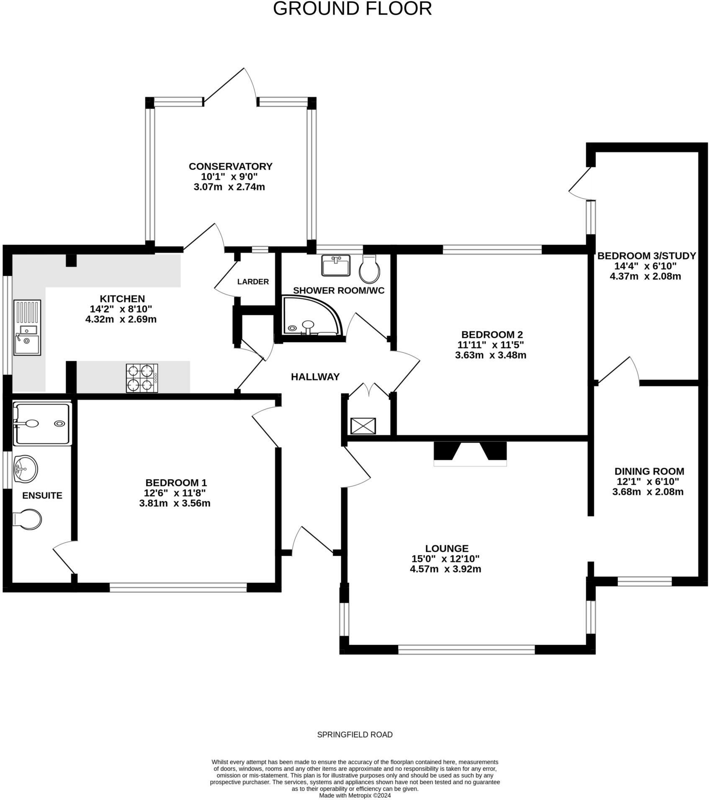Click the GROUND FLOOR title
click(x=352, y=9)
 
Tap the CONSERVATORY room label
click(x=230, y=167)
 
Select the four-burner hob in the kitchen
click(x=142, y=378)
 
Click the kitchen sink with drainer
click(x=27, y=328)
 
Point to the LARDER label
click(x=253, y=282)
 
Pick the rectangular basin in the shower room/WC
click(x=336, y=266)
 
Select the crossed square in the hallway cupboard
click(x=363, y=426)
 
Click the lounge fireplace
click(x=470, y=453)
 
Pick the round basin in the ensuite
click(x=26, y=469)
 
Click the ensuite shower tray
click(x=42, y=423)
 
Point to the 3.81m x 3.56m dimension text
click(x=175, y=503)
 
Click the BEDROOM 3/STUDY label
click(x=646, y=256)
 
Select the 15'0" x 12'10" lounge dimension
click(x=445, y=559)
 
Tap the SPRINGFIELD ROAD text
click(x=355, y=735)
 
